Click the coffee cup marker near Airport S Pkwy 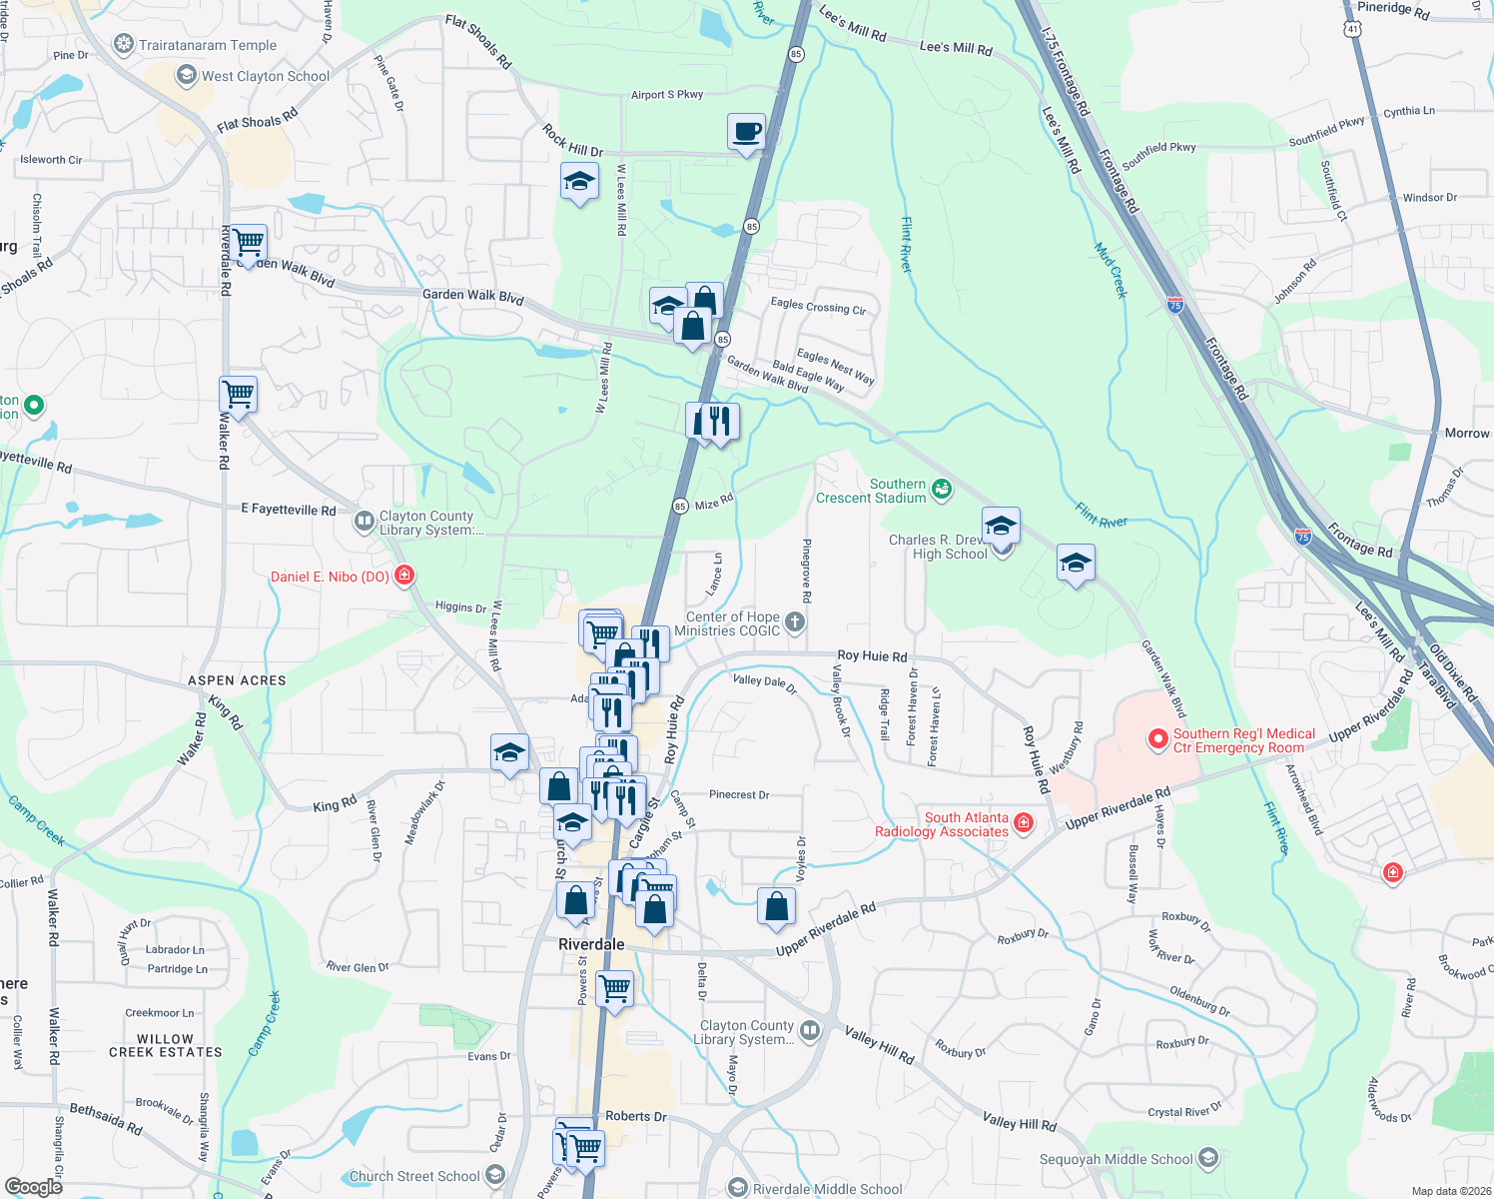[x=746, y=132]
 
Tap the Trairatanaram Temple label [x=208, y=45]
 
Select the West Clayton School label [x=266, y=76]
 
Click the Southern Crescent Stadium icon [x=941, y=489]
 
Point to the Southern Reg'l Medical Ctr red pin [x=1158, y=739]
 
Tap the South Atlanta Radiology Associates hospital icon [x=1023, y=822]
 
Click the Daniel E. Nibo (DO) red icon [x=404, y=576]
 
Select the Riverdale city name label [x=591, y=944]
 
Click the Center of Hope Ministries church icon [x=795, y=622]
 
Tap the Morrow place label [x=1466, y=433]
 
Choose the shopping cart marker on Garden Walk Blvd [x=249, y=242]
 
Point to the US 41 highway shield [x=1353, y=29]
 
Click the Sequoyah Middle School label [x=1116, y=1159]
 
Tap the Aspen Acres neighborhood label [x=238, y=680]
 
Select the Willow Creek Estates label [x=166, y=1045]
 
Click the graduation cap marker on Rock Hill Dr [x=579, y=183]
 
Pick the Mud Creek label [x=1111, y=271]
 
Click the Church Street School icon [x=495, y=1175]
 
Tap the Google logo [x=34, y=1186]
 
